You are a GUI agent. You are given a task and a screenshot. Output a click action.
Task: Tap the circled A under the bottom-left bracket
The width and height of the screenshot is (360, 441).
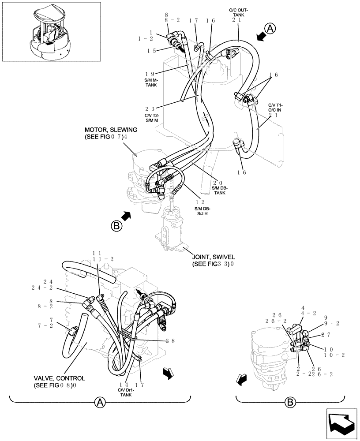click(x=100, y=402)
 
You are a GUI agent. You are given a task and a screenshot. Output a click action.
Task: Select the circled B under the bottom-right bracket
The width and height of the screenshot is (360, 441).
click(x=290, y=402)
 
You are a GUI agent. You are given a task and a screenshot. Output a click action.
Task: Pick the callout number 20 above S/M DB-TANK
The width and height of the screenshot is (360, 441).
click(x=217, y=183)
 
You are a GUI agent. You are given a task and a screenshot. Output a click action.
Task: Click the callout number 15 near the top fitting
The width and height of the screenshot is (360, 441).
click(x=152, y=51)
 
